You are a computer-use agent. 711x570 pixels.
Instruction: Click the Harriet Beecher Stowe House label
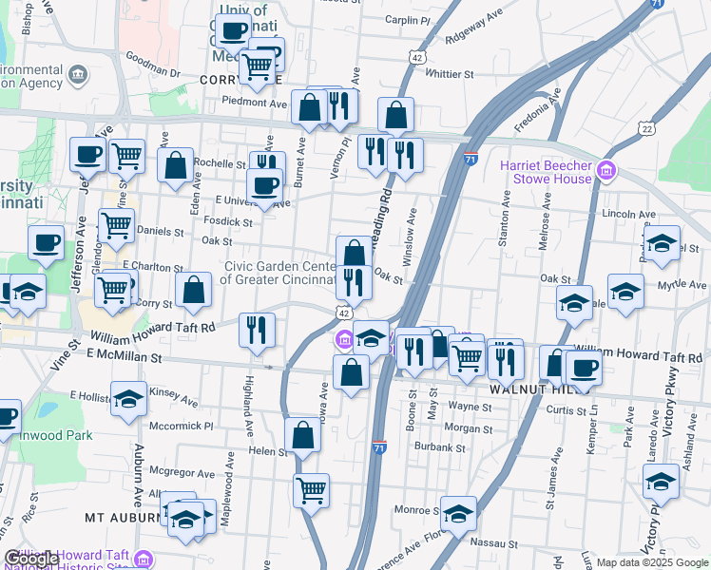click(x=546, y=172)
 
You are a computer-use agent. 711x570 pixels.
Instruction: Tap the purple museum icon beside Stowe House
click(x=605, y=172)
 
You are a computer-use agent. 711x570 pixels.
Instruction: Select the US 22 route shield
click(x=647, y=128)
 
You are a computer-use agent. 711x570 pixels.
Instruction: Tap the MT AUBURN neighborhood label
click(x=120, y=518)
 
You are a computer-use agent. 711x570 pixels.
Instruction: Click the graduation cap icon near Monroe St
click(x=458, y=513)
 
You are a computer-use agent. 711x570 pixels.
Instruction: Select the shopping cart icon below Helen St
click(x=311, y=490)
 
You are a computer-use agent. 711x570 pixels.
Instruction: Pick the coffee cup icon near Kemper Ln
click(x=583, y=367)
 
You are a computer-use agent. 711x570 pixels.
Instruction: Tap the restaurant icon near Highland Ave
click(x=257, y=329)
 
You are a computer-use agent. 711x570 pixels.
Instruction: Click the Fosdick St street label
click(x=227, y=222)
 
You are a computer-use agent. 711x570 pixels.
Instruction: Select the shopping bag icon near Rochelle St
click(x=175, y=165)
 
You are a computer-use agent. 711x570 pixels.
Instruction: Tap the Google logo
click(x=31, y=559)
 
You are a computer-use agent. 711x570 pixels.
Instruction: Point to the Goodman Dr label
click(x=153, y=72)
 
